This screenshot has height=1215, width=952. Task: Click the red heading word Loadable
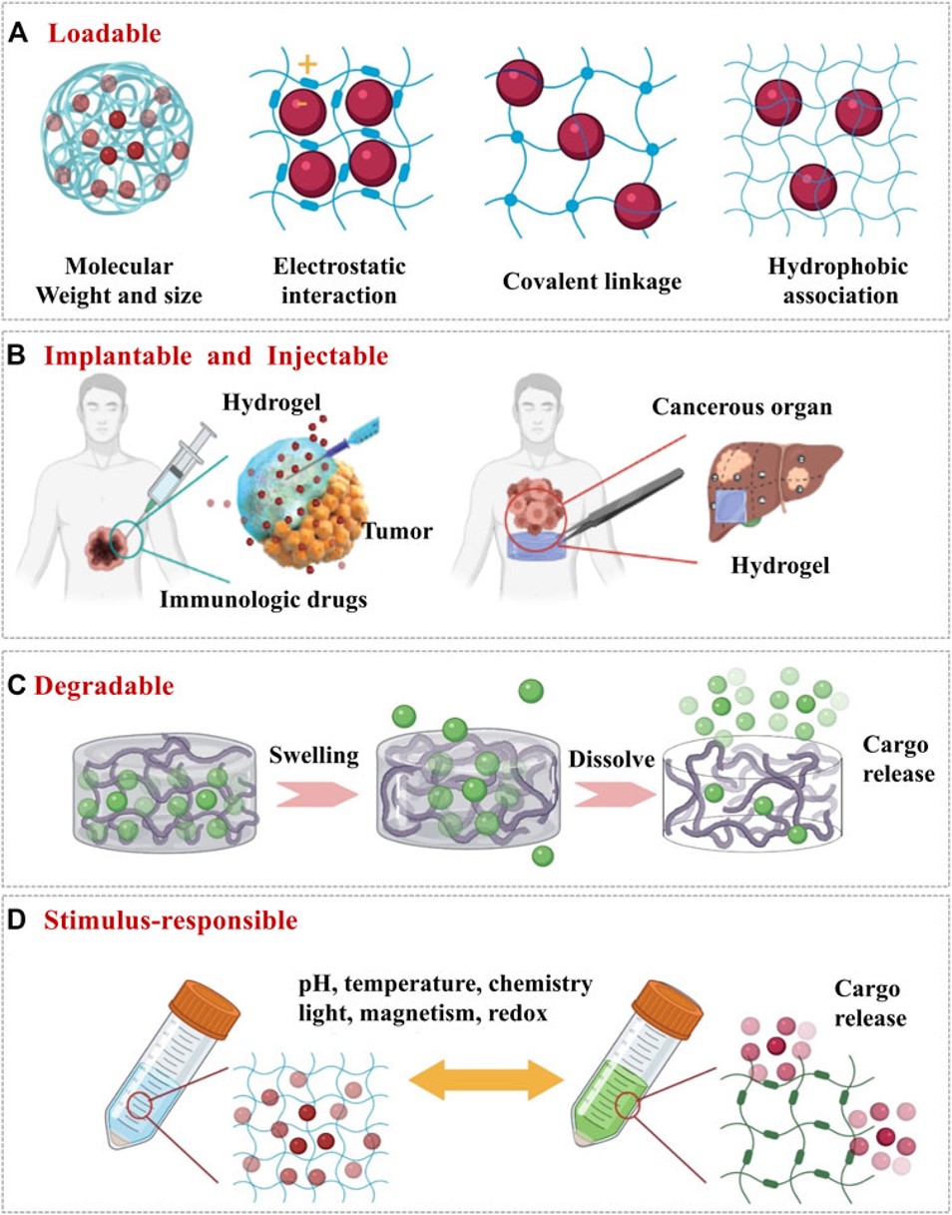point(105,32)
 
